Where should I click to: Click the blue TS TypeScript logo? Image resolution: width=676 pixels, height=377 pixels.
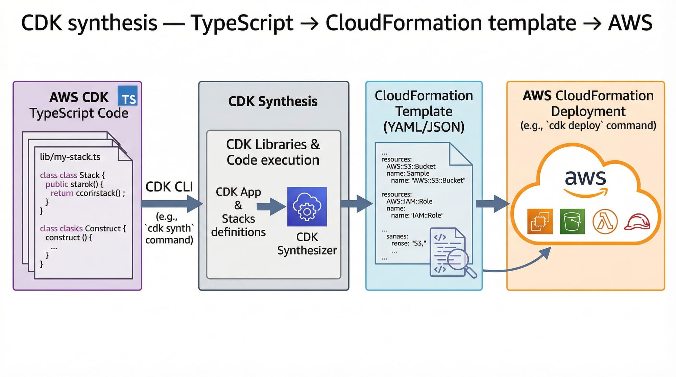point(127,96)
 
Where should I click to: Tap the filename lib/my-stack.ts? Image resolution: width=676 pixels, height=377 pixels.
point(70,157)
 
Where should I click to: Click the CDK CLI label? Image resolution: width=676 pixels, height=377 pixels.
point(169,187)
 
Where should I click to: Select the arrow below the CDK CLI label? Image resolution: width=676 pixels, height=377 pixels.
point(171,203)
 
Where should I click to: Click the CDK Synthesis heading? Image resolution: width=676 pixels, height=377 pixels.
point(273,101)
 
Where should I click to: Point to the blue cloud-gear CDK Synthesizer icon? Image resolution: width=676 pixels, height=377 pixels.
point(307,206)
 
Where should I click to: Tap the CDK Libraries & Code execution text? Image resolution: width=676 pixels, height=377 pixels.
point(273,152)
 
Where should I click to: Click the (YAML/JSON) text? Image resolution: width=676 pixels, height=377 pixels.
point(424,127)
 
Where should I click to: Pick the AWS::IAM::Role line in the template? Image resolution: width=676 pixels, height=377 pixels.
point(409,201)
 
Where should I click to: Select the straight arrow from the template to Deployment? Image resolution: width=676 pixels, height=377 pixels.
point(492,203)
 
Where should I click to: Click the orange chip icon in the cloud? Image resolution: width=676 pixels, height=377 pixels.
point(540,222)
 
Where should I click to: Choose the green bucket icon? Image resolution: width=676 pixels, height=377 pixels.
point(572,222)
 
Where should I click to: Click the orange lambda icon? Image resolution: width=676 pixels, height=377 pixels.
point(605,222)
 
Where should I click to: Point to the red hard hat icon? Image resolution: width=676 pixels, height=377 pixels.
point(637,222)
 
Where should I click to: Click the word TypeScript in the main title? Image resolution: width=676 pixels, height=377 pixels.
point(242,23)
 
